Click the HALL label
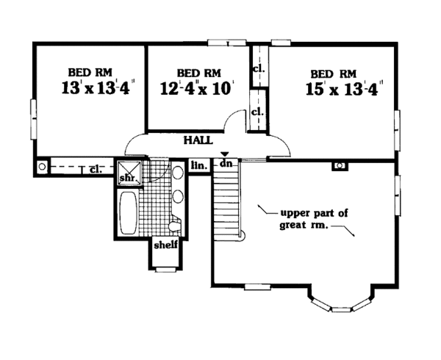pyautogui.click(x=198, y=139)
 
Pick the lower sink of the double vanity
pyautogui.click(x=177, y=197)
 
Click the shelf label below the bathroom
pyautogui.click(x=165, y=245)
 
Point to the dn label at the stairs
pyautogui.click(x=226, y=163)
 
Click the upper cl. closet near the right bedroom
pyautogui.click(x=257, y=70)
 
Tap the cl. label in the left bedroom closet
pyautogui.click(x=95, y=169)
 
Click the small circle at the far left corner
pyautogui.click(x=42, y=167)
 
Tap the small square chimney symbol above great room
pyautogui.click(x=340, y=166)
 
